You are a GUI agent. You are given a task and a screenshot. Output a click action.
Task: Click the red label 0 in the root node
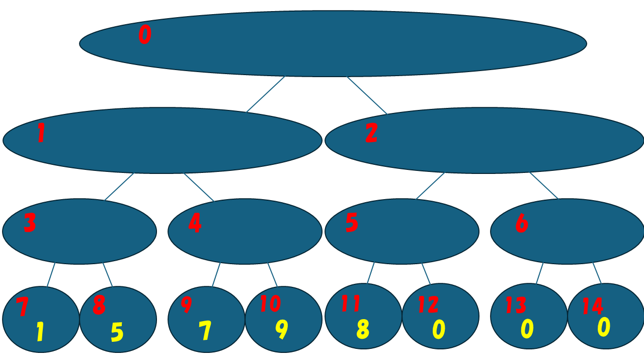(144, 35)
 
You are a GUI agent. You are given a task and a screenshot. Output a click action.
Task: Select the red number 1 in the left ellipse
(41, 134)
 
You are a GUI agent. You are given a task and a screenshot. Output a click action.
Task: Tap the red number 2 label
(371, 133)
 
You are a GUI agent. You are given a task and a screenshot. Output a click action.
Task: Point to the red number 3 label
(30, 223)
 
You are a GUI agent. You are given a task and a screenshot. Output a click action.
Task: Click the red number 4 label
(195, 223)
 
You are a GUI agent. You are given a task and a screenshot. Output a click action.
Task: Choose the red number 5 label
(352, 223)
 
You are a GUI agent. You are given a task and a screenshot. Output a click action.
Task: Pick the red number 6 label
(522, 223)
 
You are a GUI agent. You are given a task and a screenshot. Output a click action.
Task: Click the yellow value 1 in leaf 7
(40, 333)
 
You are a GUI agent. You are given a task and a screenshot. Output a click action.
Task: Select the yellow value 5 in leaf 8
(117, 333)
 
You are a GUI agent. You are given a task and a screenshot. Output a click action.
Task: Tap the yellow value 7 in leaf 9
(205, 331)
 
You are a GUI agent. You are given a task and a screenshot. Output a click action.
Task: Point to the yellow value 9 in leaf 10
(282, 330)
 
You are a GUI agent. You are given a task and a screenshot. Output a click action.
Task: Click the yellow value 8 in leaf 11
(363, 330)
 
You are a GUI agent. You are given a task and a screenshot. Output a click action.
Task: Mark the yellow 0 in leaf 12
(439, 330)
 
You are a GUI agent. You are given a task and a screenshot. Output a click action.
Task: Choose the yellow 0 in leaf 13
(527, 329)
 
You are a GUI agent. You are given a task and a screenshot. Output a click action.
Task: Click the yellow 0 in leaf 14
(604, 327)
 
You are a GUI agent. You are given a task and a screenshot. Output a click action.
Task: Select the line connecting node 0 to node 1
(266, 94)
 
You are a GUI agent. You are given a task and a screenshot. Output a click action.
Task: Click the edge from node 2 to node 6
(544, 186)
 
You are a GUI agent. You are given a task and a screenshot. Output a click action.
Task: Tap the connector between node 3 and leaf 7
(51, 275)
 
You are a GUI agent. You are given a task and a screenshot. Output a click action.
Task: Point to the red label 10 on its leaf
(270, 304)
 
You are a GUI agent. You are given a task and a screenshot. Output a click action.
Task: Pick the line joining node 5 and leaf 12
(426, 274)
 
